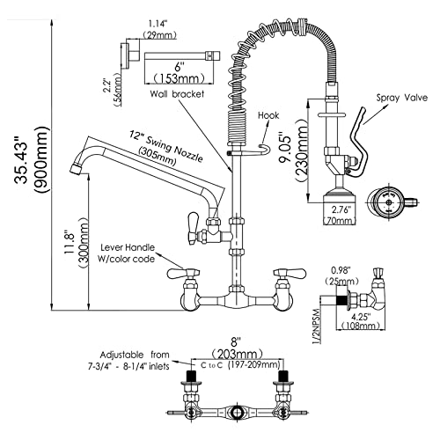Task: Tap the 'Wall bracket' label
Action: (x=177, y=94)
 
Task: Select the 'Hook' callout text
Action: (x=268, y=115)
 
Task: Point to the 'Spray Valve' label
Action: (x=402, y=97)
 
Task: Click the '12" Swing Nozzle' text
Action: (x=166, y=146)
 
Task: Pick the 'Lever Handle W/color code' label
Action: (x=128, y=253)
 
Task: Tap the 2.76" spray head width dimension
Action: (x=341, y=210)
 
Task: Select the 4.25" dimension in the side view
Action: (x=361, y=317)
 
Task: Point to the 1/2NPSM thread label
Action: (x=315, y=326)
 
